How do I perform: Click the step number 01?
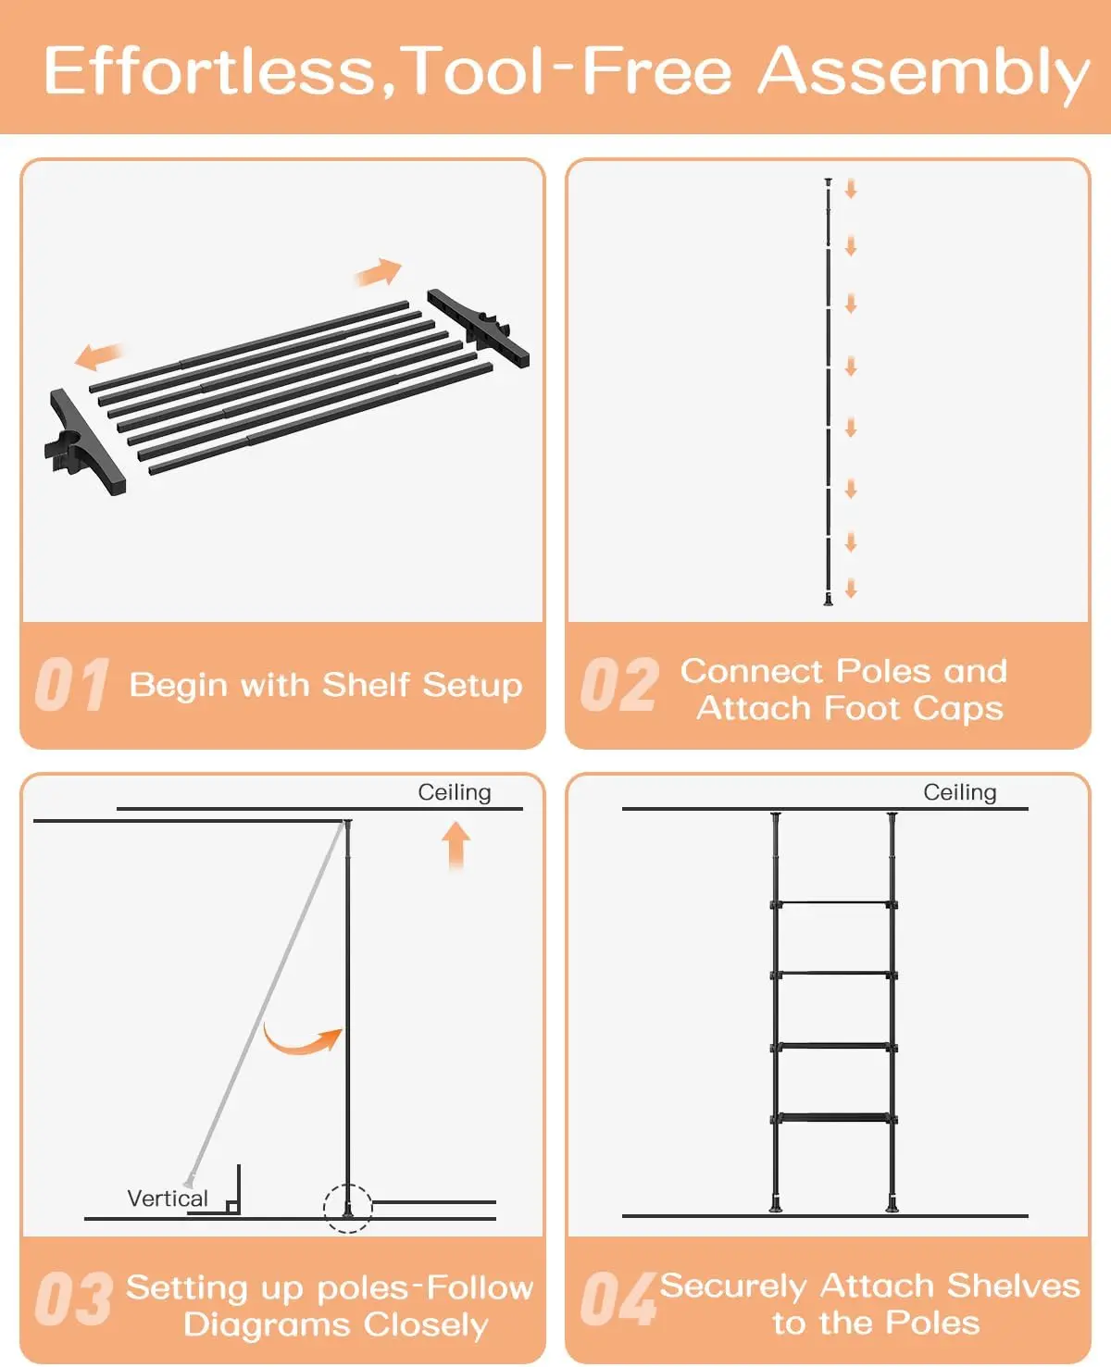(72, 685)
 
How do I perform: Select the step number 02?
(619, 685)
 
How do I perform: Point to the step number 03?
(74, 1299)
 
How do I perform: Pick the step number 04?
(618, 1299)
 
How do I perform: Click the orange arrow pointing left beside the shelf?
(99, 355)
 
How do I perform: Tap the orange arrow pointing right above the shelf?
(379, 272)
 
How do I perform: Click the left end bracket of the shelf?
(83, 442)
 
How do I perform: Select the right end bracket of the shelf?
(479, 328)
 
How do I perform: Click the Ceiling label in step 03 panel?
(455, 792)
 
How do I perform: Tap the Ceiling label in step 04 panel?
(960, 792)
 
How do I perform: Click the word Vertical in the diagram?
(168, 1199)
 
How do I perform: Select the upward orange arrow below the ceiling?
(456, 846)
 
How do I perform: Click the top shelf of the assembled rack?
(834, 904)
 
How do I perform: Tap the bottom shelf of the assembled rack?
(834, 1119)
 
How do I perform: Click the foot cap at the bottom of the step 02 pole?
(828, 601)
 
